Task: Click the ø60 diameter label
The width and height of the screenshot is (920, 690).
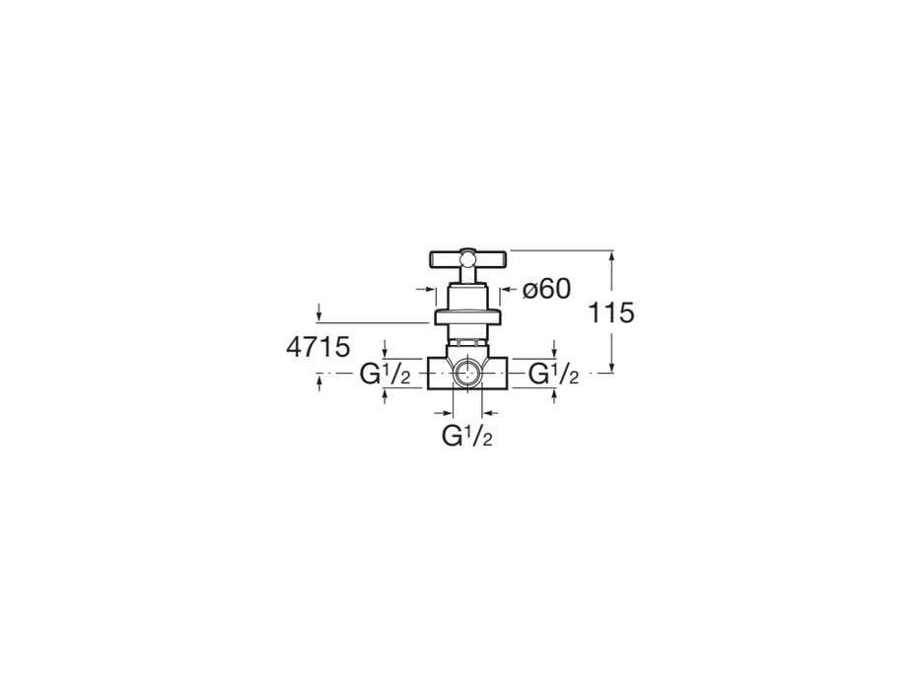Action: coord(546,289)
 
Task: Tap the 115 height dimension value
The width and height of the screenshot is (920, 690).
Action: coord(610,312)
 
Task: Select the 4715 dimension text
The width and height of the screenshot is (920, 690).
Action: coord(318,347)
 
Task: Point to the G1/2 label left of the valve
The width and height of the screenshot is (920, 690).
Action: coord(385,374)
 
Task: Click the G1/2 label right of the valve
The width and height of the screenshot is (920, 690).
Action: coord(553,374)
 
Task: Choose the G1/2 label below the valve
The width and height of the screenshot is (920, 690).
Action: coord(467,436)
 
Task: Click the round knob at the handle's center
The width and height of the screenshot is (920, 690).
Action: coord(467,258)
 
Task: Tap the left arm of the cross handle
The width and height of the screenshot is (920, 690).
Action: coord(444,258)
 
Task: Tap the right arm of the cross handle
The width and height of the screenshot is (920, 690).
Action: coord(491,258)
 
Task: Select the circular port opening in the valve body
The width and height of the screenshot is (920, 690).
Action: coord(467,373)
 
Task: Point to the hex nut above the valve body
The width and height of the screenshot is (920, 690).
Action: coord(467,340)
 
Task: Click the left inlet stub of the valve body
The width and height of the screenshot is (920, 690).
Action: coord(441,374)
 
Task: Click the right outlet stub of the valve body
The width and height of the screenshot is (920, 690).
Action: coord(495,374)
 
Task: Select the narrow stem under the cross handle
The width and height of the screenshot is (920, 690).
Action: coord(467,275)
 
